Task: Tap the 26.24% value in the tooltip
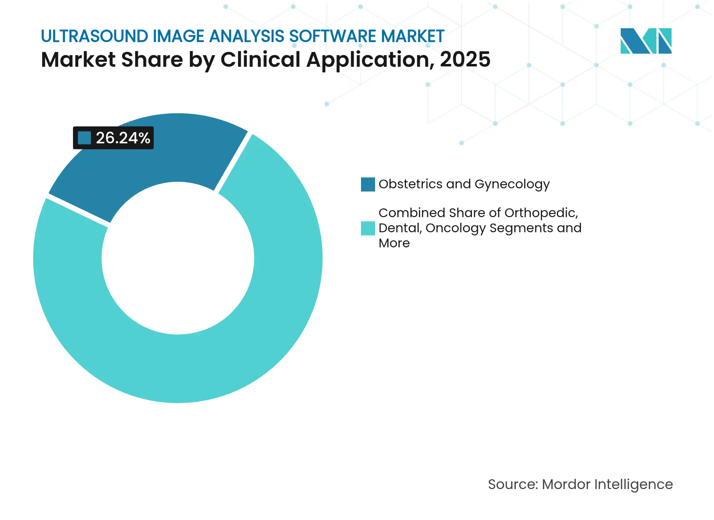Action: (123, 138)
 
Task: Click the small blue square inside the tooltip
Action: (84, 138)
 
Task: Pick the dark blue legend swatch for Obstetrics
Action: (368, 184)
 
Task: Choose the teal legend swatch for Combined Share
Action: (368, 228)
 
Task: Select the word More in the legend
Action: (394, 243)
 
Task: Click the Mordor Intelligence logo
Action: (646, 41)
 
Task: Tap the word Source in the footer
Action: (513, 484)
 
